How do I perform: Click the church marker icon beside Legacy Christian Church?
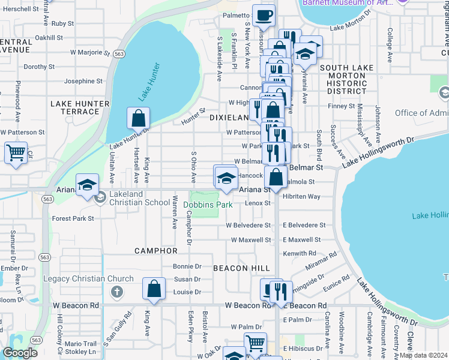click(x=116, y=292)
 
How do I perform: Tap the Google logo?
click(x=20, y=353)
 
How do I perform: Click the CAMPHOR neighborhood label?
click(x=156, y=250)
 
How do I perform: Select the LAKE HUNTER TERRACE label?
click(x=80, y=107)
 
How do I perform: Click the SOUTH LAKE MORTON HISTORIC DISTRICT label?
click(x=343, y=80)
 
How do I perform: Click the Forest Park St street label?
click(x=73, y=219)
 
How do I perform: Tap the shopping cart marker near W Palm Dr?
click(x=256, y=343)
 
